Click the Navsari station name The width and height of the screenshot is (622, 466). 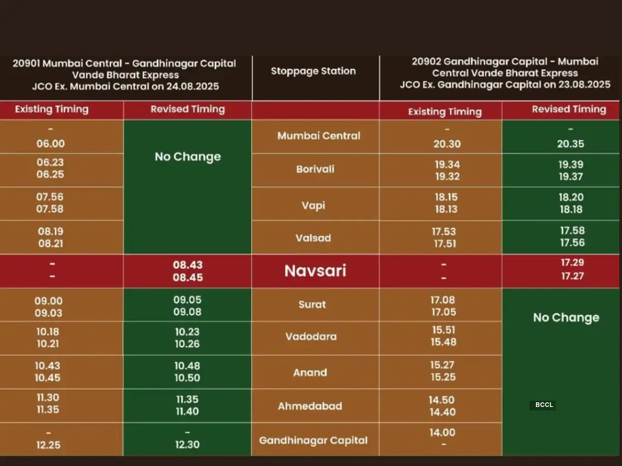click(x=315, y=271)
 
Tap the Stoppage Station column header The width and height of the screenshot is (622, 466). click(x=313, y=71)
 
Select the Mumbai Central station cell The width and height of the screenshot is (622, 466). click(x=318, y=136)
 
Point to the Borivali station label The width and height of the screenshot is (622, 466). click(x=315, y=169)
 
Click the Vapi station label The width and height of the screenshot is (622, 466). click(x=313, y=205)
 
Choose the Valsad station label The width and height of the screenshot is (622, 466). click(x=313, y=238)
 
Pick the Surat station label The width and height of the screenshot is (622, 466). click(x=312, y=304)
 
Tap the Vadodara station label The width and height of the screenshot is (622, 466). click(x=310, y=337)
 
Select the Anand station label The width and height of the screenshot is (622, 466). click(x=310, y=372)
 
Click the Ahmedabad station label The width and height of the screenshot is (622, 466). click(x=309, y=406)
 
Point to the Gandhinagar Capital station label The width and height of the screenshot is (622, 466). click(x=313, y=441)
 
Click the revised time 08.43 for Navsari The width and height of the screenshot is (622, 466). click(x=188, y=265)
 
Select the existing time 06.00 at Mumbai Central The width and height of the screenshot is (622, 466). click(x=50, y=144)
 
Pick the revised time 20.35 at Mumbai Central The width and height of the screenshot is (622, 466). click(x=570, y=144)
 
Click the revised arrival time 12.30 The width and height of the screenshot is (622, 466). click(x=187, y=444)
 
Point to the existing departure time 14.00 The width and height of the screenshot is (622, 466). click(x=442, y=432)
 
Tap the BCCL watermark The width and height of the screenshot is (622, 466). click(x=544, y=405)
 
